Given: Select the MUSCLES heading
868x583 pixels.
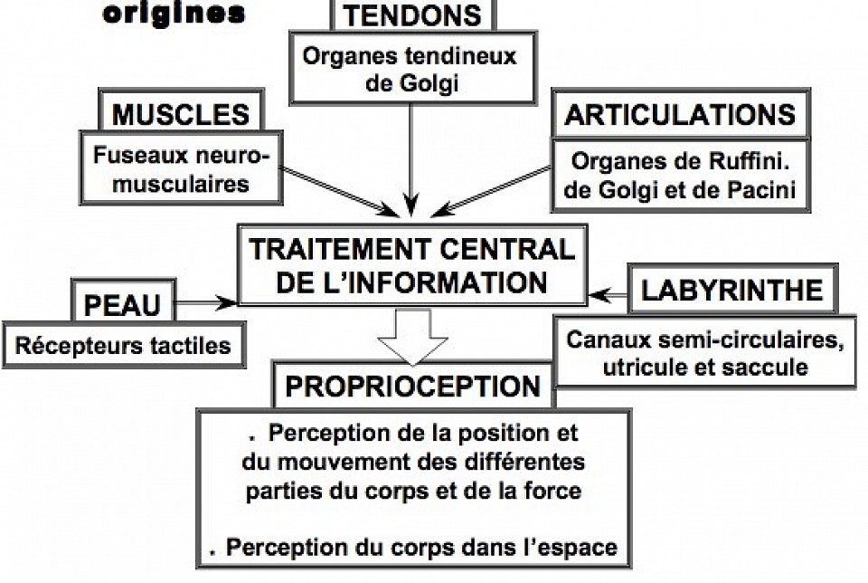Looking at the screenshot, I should [x=180, y=115].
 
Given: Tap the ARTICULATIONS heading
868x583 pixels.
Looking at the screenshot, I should [x=679, y=115].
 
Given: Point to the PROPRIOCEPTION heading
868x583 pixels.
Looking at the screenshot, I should [x=412, y=386].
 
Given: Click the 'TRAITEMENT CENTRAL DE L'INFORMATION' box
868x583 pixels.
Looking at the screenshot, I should [x=411, y=264].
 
